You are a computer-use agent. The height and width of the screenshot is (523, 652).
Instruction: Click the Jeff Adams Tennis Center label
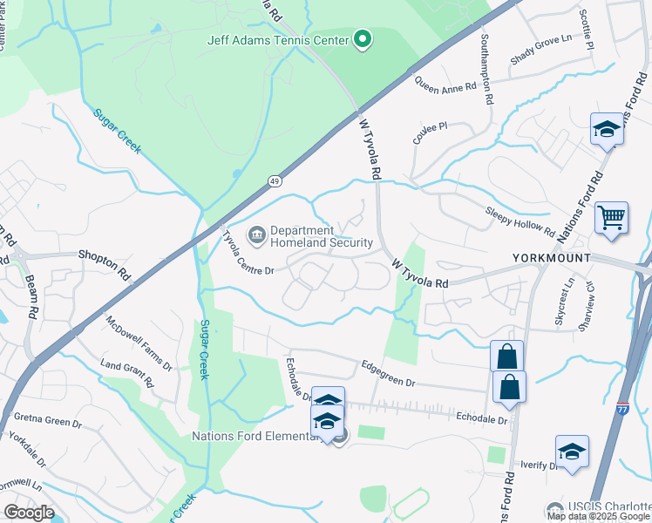pos(276,40)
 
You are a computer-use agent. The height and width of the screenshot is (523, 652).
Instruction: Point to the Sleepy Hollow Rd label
pos(520,221)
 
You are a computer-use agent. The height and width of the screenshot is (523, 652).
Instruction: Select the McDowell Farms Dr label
pos(140,341)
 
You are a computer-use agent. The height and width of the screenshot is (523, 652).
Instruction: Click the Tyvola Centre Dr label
pos(248,254)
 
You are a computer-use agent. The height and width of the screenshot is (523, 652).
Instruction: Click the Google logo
pos(29,513)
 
